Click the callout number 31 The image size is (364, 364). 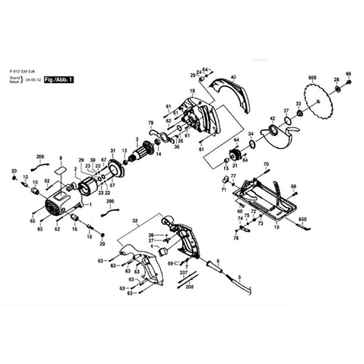pyautogui.click(x=113, y=151)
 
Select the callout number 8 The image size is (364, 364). pyautogui.click(x=60, y=158)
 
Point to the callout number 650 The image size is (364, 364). pyautogui.click(x=303, y=219)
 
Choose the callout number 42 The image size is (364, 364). pyautogui.click(x=273, y=118)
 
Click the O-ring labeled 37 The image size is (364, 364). pyautogui.click(x=287, y=121)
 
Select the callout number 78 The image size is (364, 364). pyautogui.click(x=151, y=122)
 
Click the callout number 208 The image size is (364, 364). pyautogui.click(x=190, y=287)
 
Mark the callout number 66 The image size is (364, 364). pyautogui.click(x=349, y=74)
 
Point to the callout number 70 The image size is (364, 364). pyautogui.click(x=266, y=164)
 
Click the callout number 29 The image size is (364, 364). pyautogui.click(x=81, y=160)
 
